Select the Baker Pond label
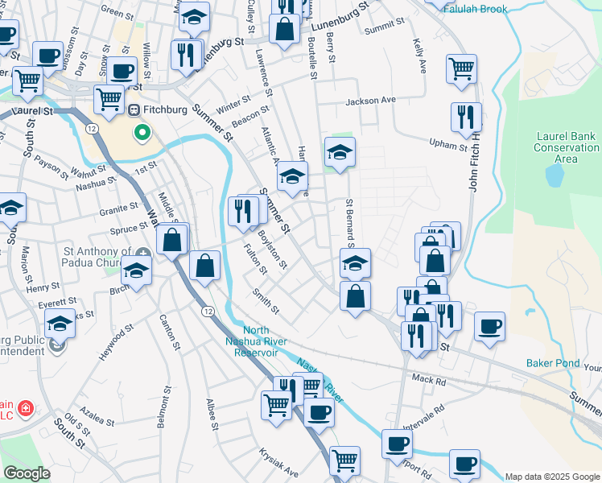pos(553,363)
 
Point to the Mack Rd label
pos(427,378)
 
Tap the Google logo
pos(27,473)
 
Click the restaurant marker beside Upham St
pos(466,118)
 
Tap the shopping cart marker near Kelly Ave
pos(461,68)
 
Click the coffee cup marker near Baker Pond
pos(489,326)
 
